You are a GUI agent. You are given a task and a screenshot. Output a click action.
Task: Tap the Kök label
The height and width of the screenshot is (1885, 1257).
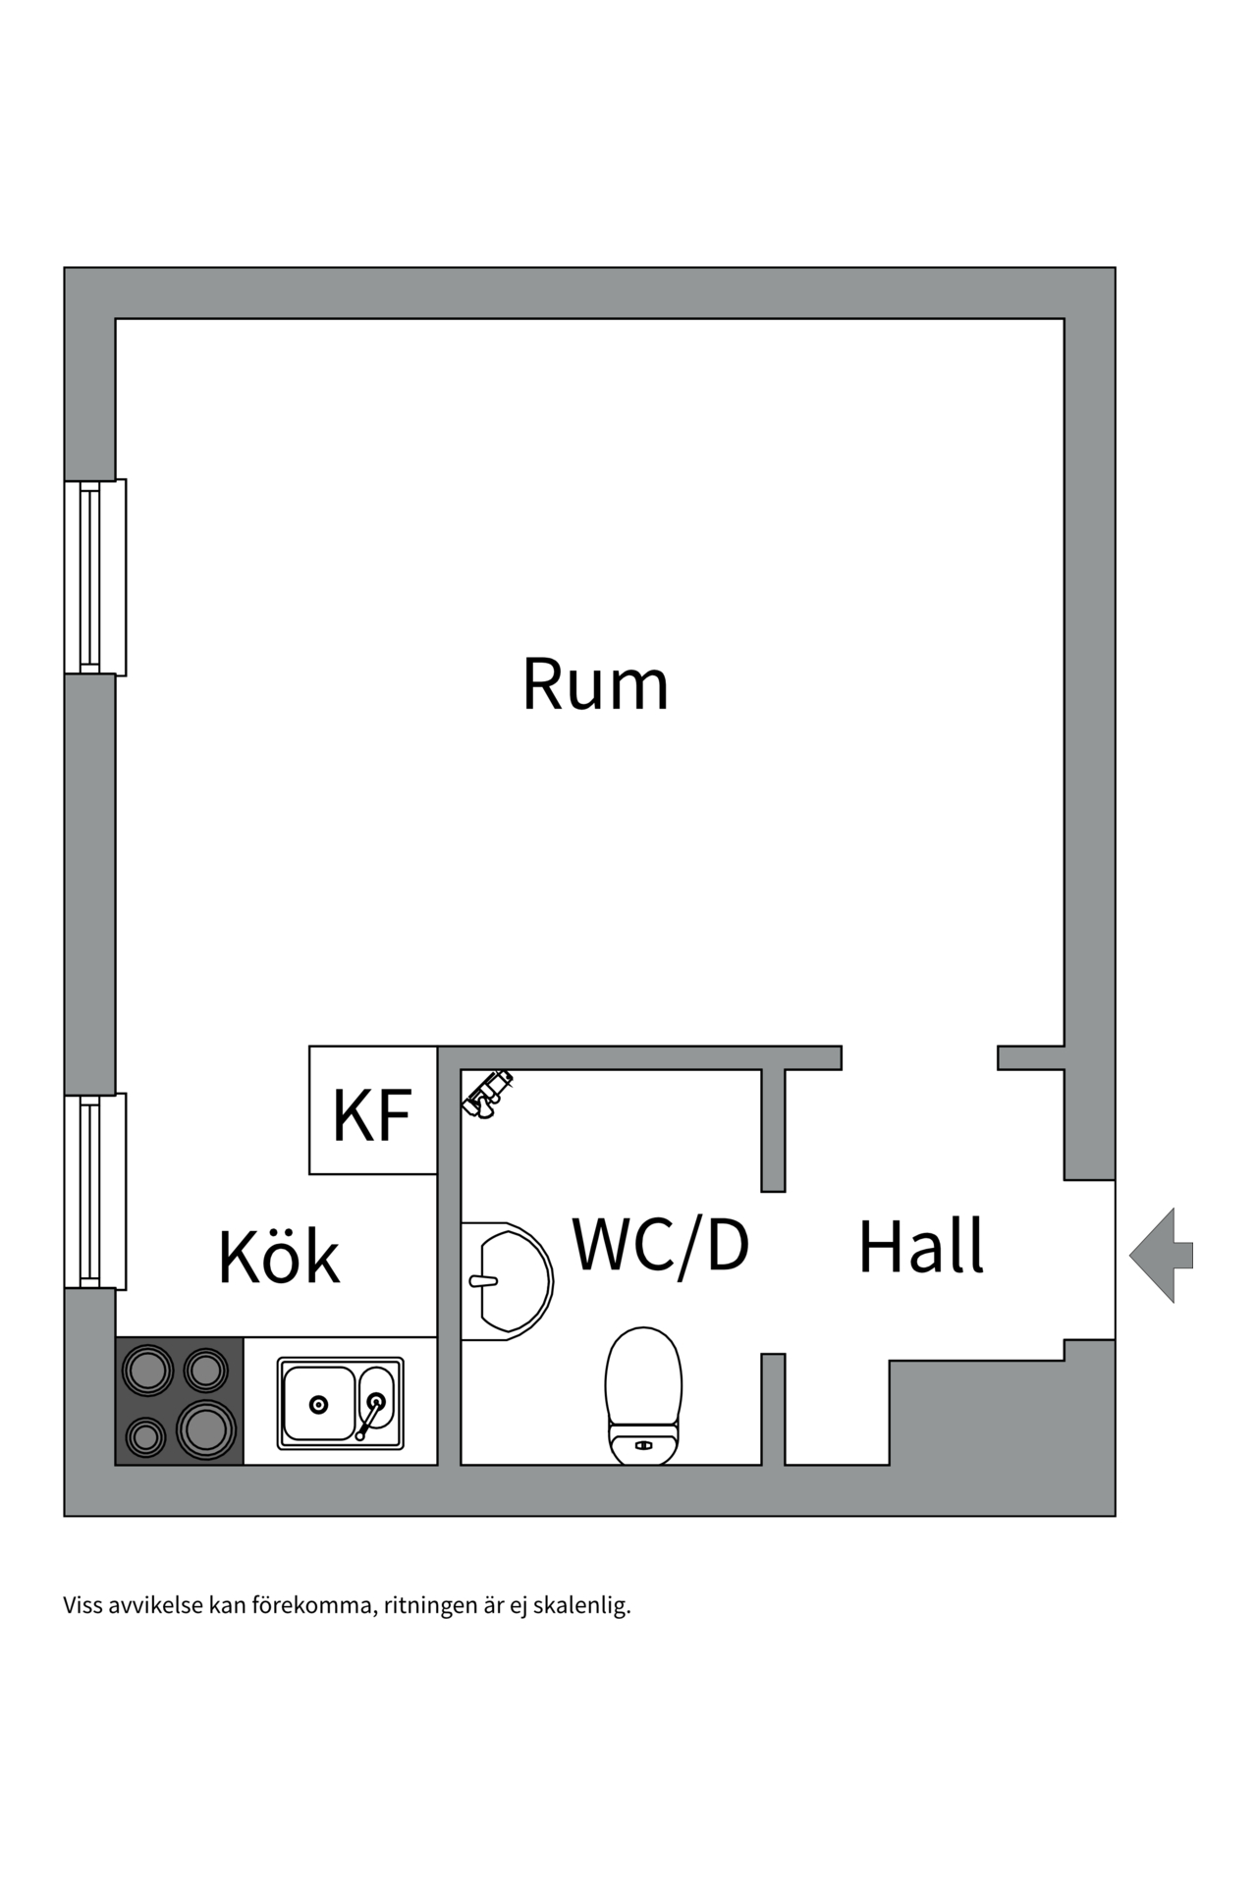[x=279, y=1256]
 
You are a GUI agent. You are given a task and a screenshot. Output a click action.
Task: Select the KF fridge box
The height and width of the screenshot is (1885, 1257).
[x=373, y=1109]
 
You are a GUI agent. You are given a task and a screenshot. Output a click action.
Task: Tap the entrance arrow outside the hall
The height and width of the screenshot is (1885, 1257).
[x=1161, y=1256]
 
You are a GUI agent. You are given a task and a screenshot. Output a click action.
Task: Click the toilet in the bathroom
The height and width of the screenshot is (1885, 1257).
[x=643, y=1395]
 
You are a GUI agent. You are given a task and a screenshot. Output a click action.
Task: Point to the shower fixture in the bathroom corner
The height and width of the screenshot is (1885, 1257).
[x=486, y=1094]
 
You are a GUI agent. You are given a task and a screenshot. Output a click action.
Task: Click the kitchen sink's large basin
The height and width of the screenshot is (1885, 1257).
[x=317, y=1404]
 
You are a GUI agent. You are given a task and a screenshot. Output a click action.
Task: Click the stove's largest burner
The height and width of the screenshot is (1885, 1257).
[x=206, y=1429]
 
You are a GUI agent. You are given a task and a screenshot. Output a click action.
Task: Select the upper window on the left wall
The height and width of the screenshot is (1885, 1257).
[x=95, y=577]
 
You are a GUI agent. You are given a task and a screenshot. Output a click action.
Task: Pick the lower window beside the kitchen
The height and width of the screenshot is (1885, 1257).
[x=95, y=1190]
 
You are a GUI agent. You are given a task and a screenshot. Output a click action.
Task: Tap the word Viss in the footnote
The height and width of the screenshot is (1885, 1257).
[x=82, y=1606]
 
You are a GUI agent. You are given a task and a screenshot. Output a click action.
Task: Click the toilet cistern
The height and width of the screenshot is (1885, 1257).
[x=643, y=1444]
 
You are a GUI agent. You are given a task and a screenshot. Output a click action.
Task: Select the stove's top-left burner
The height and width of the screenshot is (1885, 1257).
[x=146, y=1370]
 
